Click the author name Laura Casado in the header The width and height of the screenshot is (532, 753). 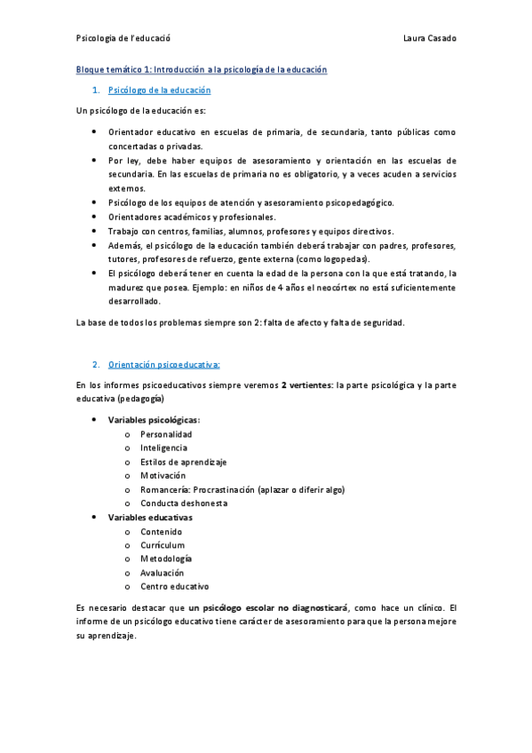tap(430, 38)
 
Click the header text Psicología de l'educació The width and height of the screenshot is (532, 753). tap(123, 38)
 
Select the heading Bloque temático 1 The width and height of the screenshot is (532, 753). tap(202, 69)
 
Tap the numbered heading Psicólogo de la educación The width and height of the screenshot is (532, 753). tap(159, 91)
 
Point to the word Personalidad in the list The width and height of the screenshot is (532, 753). tap(166, 434)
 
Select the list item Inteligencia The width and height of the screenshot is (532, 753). tap(163, 448)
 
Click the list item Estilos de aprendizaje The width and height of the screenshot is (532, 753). tap(183, 462)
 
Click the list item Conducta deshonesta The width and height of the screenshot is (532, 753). tap(178, 503)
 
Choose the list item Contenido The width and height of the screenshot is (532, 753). tap(161, 531)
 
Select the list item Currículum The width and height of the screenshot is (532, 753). tap(163, 545)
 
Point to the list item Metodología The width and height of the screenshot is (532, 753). tap(166, 559)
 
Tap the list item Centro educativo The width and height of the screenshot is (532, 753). tap(175, 586)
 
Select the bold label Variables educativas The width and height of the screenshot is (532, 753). tap(150, 517)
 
